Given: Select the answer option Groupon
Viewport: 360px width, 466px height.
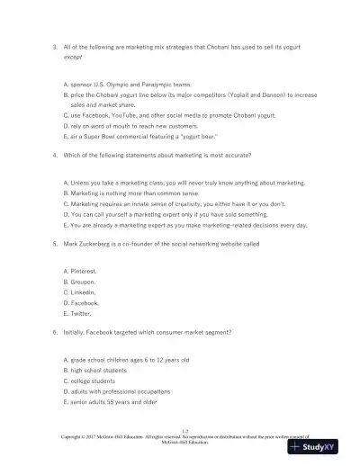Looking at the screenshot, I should [85, 281].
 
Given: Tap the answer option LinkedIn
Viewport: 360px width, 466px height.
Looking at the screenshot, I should [85, 292].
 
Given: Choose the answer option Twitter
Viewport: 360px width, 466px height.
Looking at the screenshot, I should [84, 314].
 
